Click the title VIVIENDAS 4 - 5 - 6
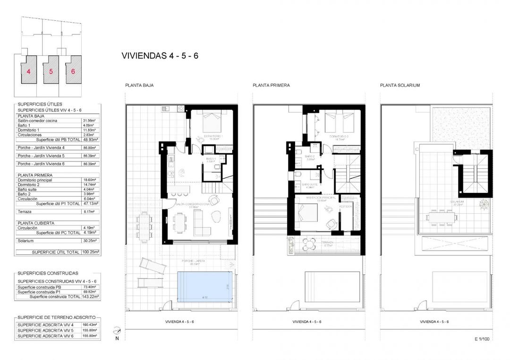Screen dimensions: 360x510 point(160,56)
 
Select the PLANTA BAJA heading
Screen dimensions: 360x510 point(139,85)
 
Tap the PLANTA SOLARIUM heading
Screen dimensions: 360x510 point(399,85)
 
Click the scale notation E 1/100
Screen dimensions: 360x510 point(481,338)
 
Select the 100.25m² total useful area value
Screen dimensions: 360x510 point(91,252)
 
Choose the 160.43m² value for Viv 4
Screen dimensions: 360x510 point(90,325)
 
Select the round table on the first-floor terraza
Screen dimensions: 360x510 point(308,243)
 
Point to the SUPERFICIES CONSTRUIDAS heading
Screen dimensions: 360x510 point(48,273)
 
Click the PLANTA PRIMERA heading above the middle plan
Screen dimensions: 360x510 point(271,85)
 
